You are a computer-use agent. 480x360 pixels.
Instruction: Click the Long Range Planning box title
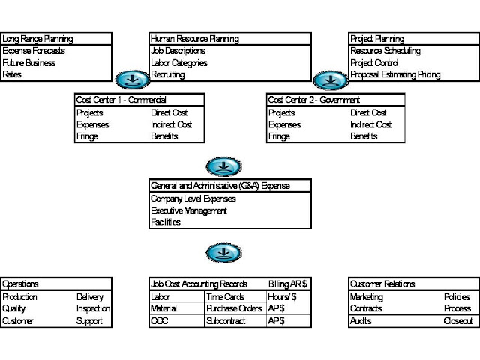click(37, 39)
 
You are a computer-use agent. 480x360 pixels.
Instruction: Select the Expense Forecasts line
click(34, 51)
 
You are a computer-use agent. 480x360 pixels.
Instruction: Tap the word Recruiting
click(168, 74)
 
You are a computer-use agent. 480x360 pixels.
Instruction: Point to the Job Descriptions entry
click(178, 51)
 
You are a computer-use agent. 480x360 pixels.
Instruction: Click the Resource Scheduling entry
click(385, 51)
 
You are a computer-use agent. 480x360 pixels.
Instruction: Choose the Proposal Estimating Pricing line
click(395, 74)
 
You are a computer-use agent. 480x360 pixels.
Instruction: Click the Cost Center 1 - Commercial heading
click(121, 100)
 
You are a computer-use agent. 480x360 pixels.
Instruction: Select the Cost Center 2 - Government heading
click(314, 100)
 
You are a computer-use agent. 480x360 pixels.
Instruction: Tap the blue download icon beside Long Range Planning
click(133, 79)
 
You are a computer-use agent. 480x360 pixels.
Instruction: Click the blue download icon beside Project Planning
click(331, 80)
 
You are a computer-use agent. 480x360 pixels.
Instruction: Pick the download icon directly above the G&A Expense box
click(223, 166)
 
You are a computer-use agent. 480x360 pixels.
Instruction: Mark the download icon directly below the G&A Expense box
click(223, 253)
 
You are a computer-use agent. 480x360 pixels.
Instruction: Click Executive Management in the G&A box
click(189, 211)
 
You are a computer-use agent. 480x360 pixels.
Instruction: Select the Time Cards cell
click(226, 297)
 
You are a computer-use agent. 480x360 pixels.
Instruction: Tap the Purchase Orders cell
click(234, 308)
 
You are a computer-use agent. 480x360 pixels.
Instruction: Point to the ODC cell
click(160, 321)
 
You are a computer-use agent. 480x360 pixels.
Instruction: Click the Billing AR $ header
click(288, 284)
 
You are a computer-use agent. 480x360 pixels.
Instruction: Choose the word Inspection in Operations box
click(93, 308)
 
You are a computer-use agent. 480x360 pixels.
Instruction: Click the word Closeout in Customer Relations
click(458, 321)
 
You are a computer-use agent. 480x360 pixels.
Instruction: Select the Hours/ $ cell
click(282, 297)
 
